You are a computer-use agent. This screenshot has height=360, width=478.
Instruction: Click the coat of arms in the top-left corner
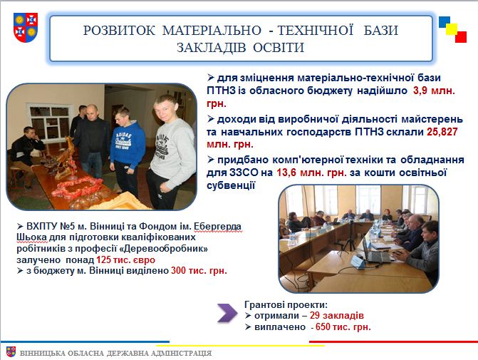[26, 27]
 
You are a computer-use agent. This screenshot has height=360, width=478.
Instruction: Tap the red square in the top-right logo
[461, 37]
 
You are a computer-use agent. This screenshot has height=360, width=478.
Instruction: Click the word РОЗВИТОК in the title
[119, 31]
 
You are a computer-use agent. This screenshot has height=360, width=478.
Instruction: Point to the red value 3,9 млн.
[434, 91]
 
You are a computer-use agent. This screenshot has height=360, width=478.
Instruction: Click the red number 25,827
[442, 132]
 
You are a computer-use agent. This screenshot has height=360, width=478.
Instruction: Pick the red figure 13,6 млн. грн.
[311, 173]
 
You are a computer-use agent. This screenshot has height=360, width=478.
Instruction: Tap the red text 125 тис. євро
[125, 260]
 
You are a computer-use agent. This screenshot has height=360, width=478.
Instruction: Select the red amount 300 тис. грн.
[199, 271]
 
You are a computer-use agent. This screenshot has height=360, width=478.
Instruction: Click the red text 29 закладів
[336, 316]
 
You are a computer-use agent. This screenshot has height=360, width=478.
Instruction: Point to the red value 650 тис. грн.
[343, 327]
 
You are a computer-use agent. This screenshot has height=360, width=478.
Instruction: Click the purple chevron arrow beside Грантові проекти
[227, 313]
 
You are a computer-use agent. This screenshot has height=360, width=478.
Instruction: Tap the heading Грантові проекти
[286, 304]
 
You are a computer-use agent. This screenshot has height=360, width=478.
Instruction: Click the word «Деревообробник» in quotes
[164, 249]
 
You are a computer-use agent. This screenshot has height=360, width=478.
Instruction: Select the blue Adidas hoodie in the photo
[128, 144]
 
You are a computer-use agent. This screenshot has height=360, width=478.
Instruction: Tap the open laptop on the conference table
[375, 252]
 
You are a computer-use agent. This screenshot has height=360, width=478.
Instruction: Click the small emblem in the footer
[11, 351]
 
